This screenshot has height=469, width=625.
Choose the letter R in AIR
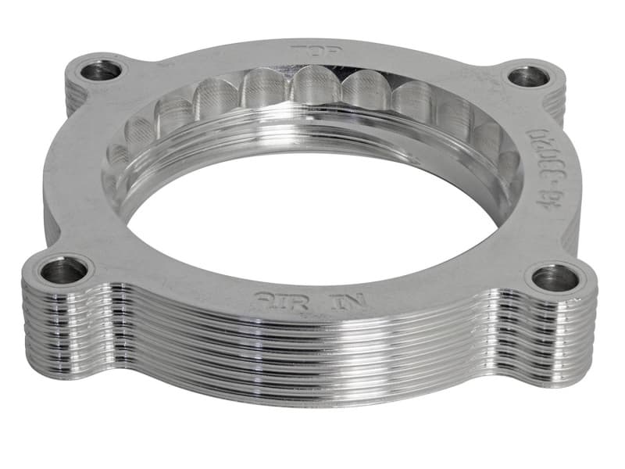pyautogui.click(x=283, y=298)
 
